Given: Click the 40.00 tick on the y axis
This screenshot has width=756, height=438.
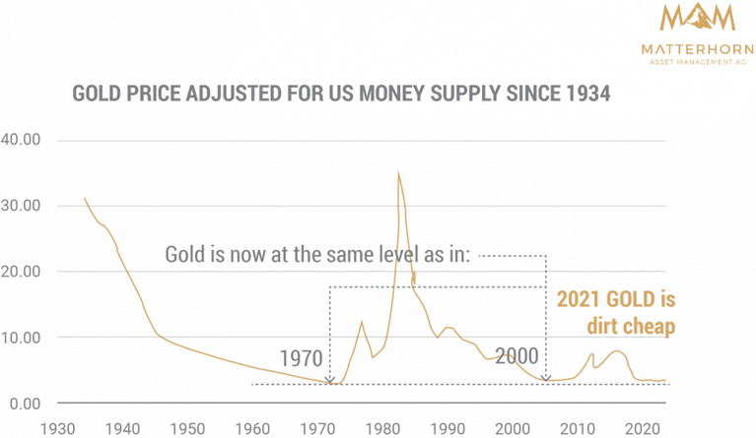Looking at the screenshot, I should (21, 140).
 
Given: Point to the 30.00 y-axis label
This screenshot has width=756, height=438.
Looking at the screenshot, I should (21, 206).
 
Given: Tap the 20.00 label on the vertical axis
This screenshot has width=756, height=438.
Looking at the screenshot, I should (21, 272).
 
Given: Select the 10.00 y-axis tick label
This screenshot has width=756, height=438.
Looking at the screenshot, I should (21, 338).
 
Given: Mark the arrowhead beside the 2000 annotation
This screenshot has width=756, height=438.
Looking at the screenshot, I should (546, 379).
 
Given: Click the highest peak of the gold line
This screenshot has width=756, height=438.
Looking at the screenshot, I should (398, 173).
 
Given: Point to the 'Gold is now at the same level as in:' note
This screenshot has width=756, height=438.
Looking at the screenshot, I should (319, 255).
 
